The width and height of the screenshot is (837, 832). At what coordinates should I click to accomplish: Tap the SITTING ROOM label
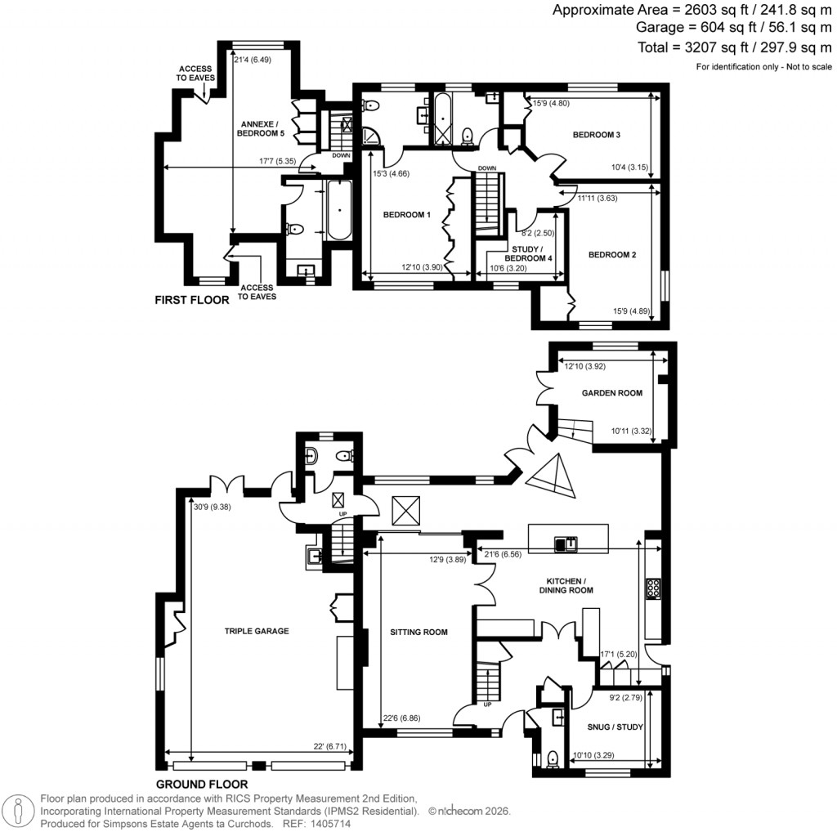click(418, 632)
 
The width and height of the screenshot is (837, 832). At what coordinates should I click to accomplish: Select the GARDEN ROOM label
click(611, 393)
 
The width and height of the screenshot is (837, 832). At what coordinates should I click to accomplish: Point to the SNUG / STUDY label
click(615, 727)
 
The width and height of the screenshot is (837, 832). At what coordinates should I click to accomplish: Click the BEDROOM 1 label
click(407, 215)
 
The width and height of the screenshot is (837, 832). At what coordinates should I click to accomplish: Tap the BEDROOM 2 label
click(612, 255)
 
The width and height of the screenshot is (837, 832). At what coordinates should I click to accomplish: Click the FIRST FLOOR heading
click(192, 301)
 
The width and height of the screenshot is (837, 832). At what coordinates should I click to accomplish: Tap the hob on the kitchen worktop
click(655, 588)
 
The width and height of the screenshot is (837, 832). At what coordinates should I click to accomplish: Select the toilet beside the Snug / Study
click(553, 759)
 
